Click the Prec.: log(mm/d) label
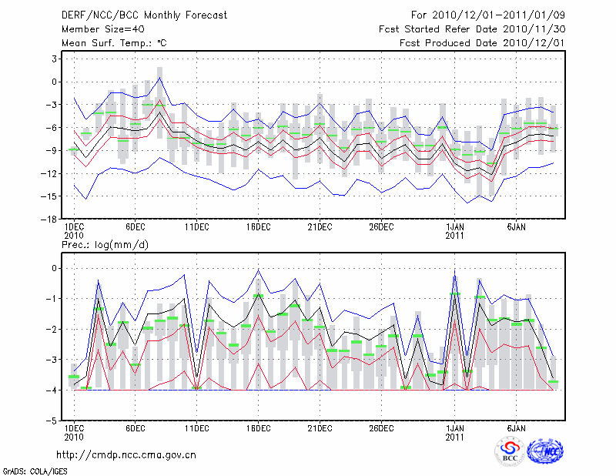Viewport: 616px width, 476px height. (x=105, y=244)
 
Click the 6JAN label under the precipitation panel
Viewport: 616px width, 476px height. (x=516, y=428)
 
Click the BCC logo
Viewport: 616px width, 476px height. (x=510, y=452)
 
